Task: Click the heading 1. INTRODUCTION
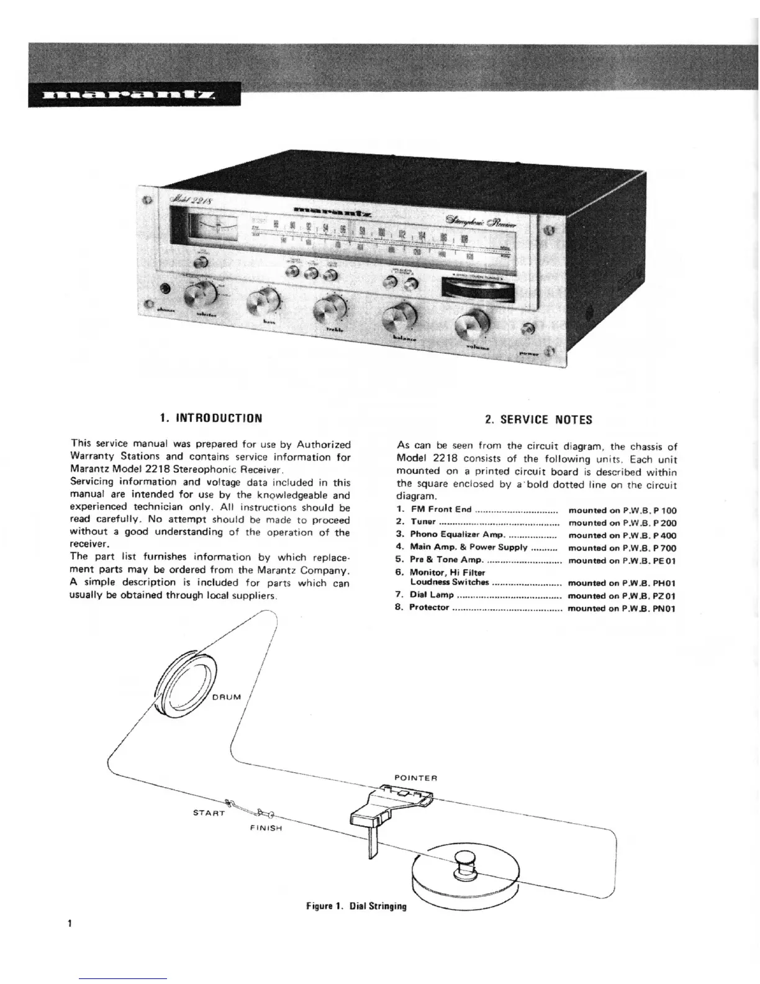click(210, 418)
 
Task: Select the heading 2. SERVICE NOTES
click(538, 419)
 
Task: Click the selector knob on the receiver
click(200, 293)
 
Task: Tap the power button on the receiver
click(528, 330)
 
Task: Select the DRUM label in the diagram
click(226, 696)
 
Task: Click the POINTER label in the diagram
click(416, 778)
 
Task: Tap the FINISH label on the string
click(266, 828)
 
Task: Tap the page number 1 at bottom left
click(71, 923)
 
